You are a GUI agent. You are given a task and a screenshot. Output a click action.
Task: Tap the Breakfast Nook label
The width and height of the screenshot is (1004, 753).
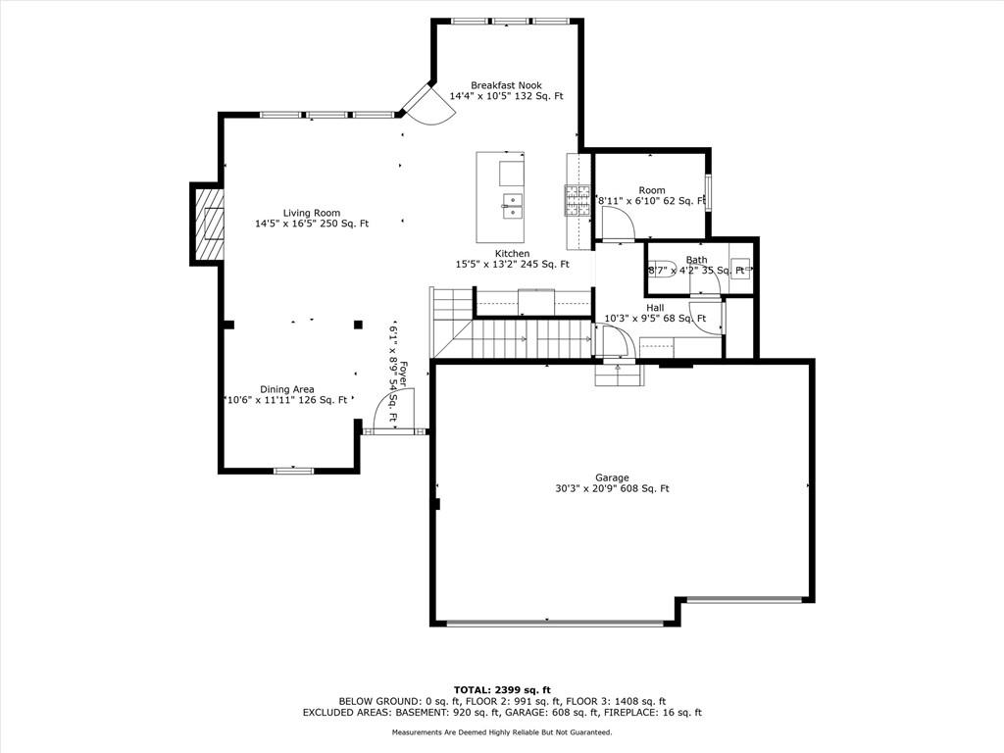click(506, 85)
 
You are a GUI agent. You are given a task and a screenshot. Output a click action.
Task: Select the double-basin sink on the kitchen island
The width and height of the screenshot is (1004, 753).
click(513, 204)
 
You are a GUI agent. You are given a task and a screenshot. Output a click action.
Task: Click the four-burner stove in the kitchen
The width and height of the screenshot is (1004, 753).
click(576, 200)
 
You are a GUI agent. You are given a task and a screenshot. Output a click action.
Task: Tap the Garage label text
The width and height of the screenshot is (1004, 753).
click(612, 477)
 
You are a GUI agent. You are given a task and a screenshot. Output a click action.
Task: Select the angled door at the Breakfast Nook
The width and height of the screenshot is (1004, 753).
click(427, 104)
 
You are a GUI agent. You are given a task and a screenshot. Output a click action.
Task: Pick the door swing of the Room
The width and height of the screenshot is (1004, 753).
click(619, 225)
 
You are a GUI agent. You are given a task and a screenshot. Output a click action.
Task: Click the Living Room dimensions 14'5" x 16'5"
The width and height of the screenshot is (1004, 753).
click(312, 224)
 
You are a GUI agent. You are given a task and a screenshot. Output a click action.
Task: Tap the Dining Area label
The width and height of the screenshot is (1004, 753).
click(287, 389)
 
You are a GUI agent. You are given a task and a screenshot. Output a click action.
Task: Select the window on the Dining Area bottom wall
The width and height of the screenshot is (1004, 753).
click(292, 471)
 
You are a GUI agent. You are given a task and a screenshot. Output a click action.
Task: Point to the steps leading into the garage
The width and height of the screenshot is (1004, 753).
click(618, 374)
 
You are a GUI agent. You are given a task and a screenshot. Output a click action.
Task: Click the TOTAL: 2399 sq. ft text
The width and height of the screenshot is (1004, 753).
click(502, 689)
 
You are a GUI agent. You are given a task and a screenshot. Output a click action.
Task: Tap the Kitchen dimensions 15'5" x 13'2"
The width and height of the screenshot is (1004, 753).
click(512, 264)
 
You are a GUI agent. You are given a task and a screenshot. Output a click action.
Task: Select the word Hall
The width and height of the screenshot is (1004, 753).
click(655, 308)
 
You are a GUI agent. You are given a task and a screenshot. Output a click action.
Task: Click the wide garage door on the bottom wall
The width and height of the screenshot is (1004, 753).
click(555, 622)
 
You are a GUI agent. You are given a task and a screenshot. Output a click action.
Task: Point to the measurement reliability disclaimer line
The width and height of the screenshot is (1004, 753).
click(502, 732)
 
